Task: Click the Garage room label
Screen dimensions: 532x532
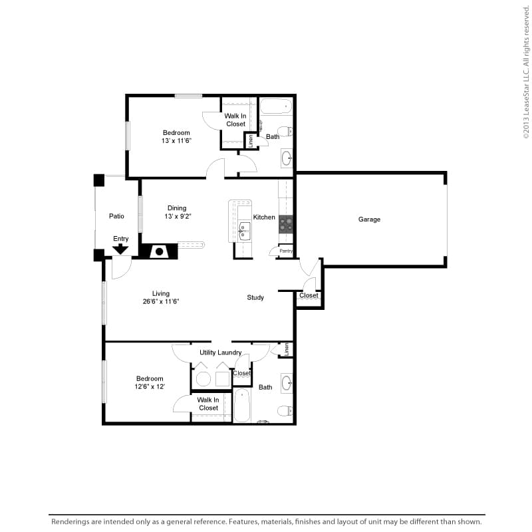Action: (x=369, y=219)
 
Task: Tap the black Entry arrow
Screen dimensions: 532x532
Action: (x=120, y=249)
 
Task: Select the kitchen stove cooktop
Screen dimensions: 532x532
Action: (x=286, y=224)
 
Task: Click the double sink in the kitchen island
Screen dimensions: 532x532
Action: (x=244, y=231)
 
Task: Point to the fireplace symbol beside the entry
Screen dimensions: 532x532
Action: (x=159, y=251)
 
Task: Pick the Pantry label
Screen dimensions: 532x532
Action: (x=286, y=251)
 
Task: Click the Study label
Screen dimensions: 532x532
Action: (x=255, y=297)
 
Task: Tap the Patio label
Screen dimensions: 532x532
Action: (x=116, y=216)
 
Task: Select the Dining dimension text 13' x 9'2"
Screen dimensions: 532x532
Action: (x=178, y=216)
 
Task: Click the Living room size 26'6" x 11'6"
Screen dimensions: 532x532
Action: (x=161, y=301)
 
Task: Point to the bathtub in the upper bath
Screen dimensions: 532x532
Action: (x=276, y=106)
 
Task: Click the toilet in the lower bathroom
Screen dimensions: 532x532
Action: (x=285, y=411)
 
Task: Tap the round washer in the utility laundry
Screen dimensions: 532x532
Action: (x=203, y=379)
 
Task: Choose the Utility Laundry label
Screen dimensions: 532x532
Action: (x=221, y=353)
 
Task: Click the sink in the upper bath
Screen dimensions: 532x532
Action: (x=287, y=158)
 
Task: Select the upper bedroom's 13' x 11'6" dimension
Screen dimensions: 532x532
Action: (x=176, y=141)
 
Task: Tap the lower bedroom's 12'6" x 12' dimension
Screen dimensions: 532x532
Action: (x=150, y=386)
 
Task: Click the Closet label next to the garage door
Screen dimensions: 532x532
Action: (x=309, y=295)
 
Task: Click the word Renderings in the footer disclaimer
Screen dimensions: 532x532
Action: (x=70, y=522)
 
